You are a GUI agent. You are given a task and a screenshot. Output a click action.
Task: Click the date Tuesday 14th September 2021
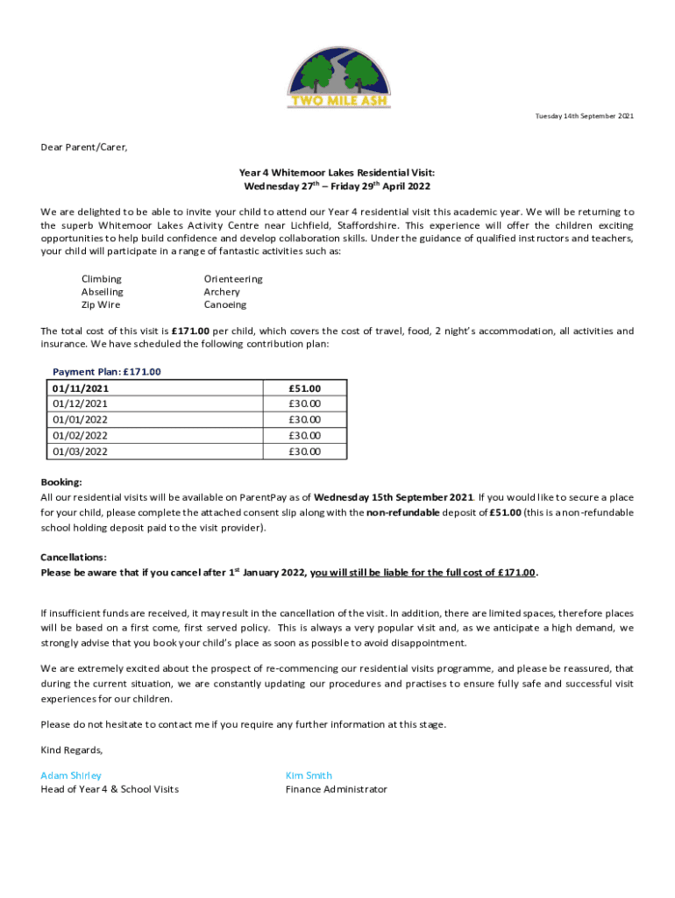point(585,117)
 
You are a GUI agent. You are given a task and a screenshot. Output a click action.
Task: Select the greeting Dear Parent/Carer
point(84,147)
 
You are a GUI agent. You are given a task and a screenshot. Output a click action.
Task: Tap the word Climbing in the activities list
point(102,279)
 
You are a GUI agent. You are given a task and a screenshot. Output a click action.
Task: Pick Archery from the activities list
point(222,292)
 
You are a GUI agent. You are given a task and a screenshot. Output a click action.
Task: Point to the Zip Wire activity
point(101,305)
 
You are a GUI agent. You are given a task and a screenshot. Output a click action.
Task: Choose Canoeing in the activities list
point(225,305)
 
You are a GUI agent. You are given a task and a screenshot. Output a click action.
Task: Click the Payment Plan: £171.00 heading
point(107,372)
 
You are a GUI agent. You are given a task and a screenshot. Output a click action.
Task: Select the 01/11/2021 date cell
point(81,388)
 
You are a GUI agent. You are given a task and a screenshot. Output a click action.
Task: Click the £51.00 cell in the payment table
point(305,388)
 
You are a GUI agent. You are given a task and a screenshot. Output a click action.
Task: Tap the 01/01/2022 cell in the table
point(81,419)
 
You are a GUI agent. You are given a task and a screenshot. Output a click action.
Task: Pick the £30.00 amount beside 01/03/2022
point(305,452)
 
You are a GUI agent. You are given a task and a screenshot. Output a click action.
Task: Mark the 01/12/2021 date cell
point(81,403)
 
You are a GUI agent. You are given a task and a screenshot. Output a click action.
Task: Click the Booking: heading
point(61,482)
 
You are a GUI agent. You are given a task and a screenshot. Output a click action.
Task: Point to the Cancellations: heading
point(74,558)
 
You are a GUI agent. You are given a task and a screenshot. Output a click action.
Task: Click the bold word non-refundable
point(402,513)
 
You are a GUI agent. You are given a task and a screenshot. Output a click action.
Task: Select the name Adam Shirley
point(71,775)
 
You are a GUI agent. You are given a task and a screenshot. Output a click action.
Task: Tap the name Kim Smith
point(309,775)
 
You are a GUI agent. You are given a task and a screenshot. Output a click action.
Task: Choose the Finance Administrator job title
point(336,789)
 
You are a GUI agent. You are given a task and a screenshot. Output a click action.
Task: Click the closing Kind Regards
point(72,750)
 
